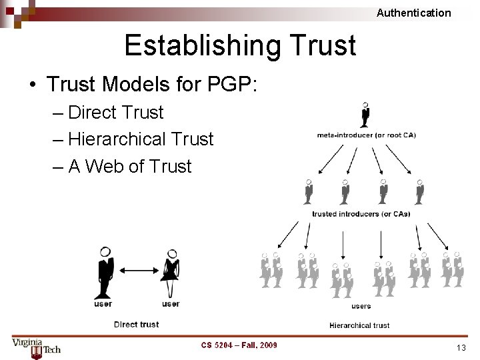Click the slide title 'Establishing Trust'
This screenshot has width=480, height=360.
(x=240, y=45)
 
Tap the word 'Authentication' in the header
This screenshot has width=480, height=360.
(x=413, y=13)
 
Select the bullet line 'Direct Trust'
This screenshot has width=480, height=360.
(x=115, y=112)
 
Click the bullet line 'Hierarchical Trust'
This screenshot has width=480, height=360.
(x=141, y=139)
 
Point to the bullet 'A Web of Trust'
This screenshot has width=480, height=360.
(x=129, y=166)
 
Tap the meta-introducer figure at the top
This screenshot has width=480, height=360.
(x=365, y=115)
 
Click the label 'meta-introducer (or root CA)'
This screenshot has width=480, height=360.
(x=366, y=135)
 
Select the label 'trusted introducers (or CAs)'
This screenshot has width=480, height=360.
(x=361, y=214)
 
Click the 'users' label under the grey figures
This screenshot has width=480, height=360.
(x=361, y=306)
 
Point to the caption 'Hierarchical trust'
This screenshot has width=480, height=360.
(x=359, y=325)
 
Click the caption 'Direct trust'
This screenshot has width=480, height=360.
(x=137, y=325)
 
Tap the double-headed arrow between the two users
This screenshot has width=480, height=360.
(x=137, y=271)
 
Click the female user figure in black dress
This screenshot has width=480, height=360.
(x=171, y=273)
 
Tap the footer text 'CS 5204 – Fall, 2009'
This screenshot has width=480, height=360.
(x=239, y=345)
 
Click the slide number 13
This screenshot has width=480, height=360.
(x=461, y=347)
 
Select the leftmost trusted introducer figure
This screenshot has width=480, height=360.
(x=308, y=192)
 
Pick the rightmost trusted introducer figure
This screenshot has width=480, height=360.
(x=419, y=192)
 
